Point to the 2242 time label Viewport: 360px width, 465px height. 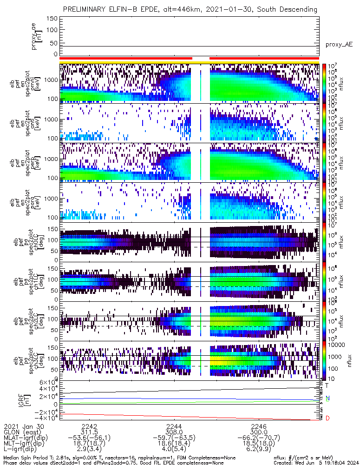(x=89, y=426)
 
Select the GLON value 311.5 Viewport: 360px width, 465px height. (x=89, y=432)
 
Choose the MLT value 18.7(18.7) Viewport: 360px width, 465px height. (x=89, y=445)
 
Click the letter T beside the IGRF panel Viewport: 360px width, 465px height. (x=327, y=385)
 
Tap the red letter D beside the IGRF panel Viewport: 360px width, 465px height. (x=327, y=419)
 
